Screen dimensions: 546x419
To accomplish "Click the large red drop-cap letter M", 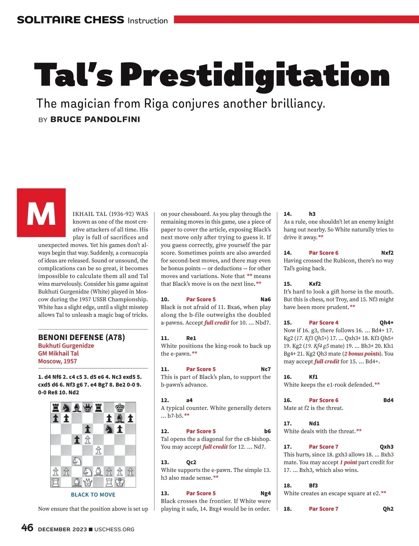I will click(x=41, y=213).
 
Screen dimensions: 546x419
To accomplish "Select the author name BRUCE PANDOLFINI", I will click(x=95, y=119).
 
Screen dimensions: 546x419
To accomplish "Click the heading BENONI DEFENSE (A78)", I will click(x=81, y=337).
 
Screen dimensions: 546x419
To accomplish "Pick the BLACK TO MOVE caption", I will click(x=93, y=495).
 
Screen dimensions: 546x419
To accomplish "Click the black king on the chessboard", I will click(x=120, y=407).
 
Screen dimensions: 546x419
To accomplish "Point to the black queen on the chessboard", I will click(x=88, y=407).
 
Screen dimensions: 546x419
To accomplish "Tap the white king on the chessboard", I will click(x=120, y=482).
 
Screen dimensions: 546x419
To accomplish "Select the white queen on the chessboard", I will click(x=88, y=482).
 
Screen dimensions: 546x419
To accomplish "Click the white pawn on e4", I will click(x=98, y=450).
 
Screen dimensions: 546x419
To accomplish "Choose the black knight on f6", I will click(x=109, y=429).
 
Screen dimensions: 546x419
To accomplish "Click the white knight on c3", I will click(x=77, y=461).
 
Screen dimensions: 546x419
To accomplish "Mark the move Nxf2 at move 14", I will click(x=387, y=253).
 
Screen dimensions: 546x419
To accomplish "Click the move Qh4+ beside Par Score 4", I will click(x=387, y=323).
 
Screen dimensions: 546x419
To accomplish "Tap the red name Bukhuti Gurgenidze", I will click(x=66, y=346).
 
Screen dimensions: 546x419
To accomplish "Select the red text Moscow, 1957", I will click(x=58, y=361).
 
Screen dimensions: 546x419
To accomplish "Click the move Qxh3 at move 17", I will click(x=387, y=447).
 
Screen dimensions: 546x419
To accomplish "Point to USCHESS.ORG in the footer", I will click(x=114, y=529).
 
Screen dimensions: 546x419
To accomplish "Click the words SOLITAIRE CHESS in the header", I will click(x=71, y=20).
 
